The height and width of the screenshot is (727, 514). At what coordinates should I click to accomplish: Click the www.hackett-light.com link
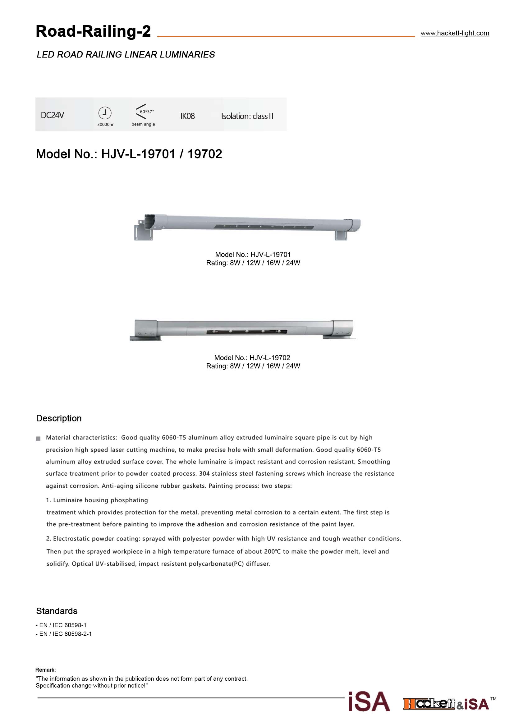[455, 33]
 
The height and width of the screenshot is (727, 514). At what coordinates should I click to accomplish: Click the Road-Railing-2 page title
[93, 31]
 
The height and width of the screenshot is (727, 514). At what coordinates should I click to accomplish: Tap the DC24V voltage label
[52, 115]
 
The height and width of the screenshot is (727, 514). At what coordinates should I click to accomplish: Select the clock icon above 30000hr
[105, 113]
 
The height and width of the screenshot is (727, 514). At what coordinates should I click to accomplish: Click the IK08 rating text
[187, 116]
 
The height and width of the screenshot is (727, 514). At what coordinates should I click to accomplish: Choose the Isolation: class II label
[247, 116]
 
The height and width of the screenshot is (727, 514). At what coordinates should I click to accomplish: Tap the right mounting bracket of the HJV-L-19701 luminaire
[341, 235]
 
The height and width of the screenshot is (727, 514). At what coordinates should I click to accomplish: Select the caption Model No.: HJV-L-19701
[253, 255]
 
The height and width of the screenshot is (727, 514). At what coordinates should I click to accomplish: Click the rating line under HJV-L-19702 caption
[253, 366]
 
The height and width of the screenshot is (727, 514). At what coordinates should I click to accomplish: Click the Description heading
[59, 418]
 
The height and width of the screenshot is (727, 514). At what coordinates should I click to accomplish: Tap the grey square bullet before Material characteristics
[38, 439]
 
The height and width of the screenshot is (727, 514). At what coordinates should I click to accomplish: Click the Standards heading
[57, 611]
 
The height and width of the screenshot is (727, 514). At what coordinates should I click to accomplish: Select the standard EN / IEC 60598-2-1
[64, 633]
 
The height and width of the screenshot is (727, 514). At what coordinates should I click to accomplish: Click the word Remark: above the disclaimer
[46, 670]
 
